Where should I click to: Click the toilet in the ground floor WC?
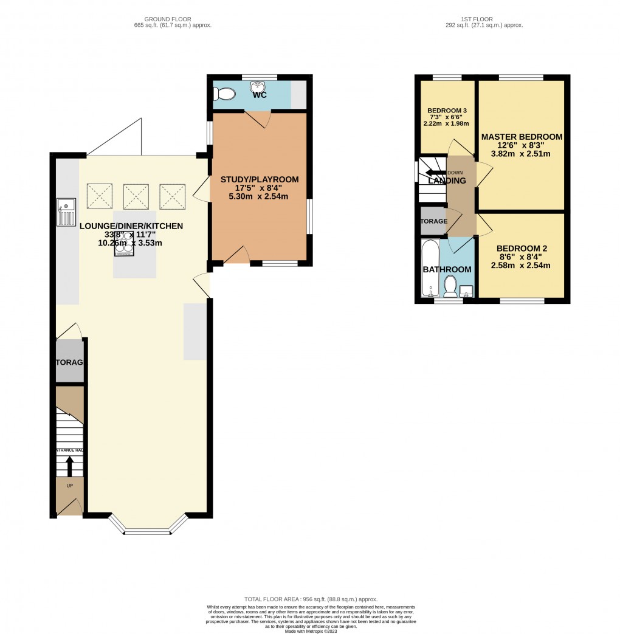225,94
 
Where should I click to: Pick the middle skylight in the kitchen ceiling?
136,196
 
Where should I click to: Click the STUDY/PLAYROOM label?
260,179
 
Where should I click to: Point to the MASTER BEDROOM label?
522,137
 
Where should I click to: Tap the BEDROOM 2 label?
522,248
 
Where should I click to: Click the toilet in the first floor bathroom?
451,285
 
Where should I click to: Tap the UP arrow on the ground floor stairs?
69,466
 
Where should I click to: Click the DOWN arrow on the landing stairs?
436,173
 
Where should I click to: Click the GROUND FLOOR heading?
173,19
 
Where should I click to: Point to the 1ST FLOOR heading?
484,19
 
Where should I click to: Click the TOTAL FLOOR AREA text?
310,599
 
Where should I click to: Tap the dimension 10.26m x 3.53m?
130,243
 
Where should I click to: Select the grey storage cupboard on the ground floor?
69,362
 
